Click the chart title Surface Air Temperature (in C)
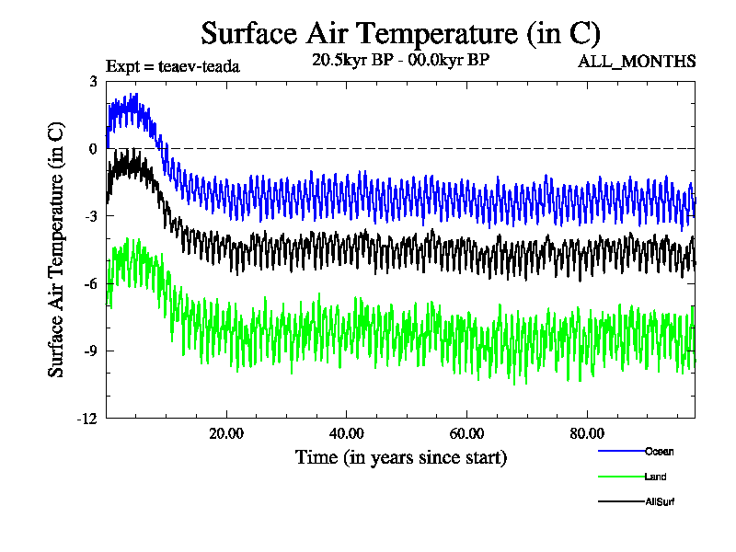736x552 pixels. (x=400, y=33)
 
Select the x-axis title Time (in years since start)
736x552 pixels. (x=400, y=457)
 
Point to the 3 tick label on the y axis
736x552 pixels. (x=93, y=81)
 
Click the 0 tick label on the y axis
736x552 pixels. (x=93, y=148)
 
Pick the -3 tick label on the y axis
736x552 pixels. (x=90, y=216)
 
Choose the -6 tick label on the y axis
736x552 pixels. (x=90, y=283)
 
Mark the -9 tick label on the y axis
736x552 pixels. (x=90, y=351)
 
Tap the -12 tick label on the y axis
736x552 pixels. (x=87, y=419)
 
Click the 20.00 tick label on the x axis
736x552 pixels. (x=226, y=434)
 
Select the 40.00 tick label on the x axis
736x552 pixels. (x=347, y=434)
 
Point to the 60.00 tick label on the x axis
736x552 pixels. (x=467, y=434)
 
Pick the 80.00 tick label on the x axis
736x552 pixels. (x=587, y=434)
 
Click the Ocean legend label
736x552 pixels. (x=659, y=451)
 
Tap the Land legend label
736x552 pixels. (x=656, y=477)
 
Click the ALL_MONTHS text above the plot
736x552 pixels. (x=637, y=62)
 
